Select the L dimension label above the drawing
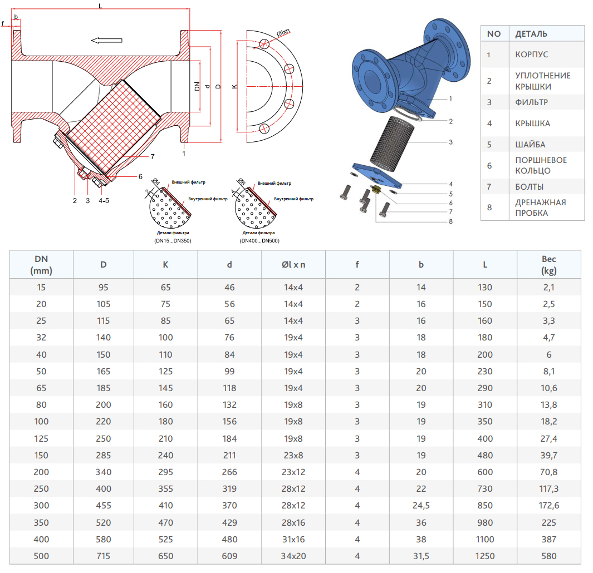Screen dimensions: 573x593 pyautogui.click(x=100, y=6)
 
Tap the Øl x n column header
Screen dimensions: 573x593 pyautogui.click(x=293, y=264)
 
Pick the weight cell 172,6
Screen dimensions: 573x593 pyautogui.click(x=549, y=505)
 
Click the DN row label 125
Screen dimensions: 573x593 pyautogui.click(x=42, y=438)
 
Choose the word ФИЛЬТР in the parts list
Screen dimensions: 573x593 pyautogui.click(x=532, y=102)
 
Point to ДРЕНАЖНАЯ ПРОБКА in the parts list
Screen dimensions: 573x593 pyautogui.click(x=540, y=208)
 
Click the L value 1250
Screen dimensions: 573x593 pyautogui.click(x=485, y=556)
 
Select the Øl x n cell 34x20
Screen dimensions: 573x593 pyautogui.click(x=293, y=556)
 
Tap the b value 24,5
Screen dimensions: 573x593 pyautogui.click(x=421, y=505)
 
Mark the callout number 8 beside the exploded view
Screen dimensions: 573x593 pyautogui.click(x=450, y=221)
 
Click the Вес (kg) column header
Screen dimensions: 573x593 pyautogui.click(x=549, y=264)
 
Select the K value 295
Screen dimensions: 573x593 pyautogui.click(x=166, y=472)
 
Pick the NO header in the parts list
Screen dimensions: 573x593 pyautogui.click(x=494, y=34)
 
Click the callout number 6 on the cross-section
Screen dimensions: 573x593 pyautogui.click(x=140, y=176)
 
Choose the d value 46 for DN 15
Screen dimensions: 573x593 pyautogui.click(x=229, y=288)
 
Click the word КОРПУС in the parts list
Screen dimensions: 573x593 pyautogui.click(x=532, y=55)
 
